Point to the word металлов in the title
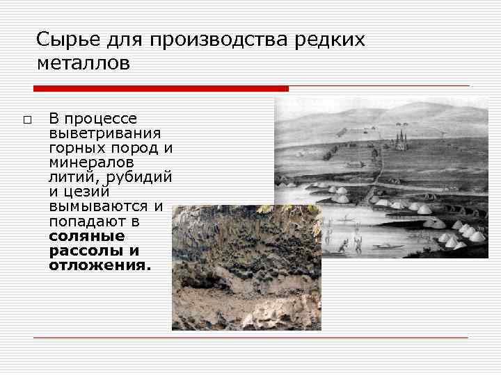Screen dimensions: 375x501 tap(83, 64)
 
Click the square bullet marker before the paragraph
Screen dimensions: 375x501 tap(27, 120)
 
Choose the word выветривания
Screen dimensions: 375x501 tap(105, 133)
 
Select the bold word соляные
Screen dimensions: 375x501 tap(87, 236)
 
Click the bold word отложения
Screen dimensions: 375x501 tap(99, 265)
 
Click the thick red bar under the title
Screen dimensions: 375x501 tap(161, 89)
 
